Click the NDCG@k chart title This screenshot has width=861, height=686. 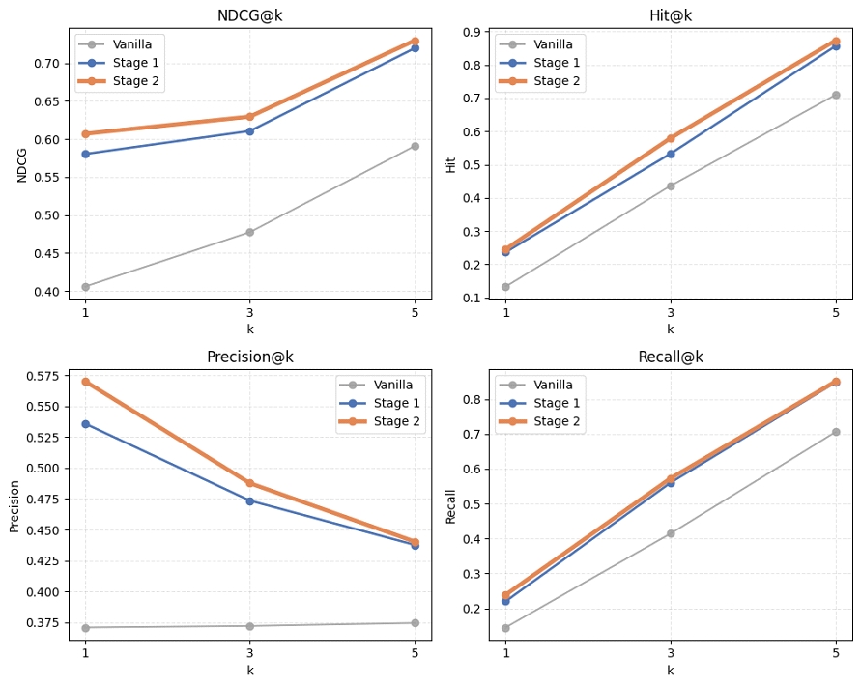(x=249, y=15)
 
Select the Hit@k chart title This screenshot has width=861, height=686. (x=670, y=15)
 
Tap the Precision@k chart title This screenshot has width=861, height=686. (x=249, y=357)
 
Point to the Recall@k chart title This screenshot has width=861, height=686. (x=670, y=357)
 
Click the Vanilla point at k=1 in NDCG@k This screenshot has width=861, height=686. (x=85, y=287)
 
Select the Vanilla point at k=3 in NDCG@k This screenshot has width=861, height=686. (x=249, y=232)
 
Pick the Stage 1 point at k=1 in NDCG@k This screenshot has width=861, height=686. (x=85, y=154)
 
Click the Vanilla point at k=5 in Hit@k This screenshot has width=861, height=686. (x=836, y=95)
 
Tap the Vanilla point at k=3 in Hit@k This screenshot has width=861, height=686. (x=671, y=186)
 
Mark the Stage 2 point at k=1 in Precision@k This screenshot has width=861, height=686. (x=85, y=382)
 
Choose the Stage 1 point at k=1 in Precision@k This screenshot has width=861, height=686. (x=85, y=423)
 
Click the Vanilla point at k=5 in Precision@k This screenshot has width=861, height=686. (x=415, y=623)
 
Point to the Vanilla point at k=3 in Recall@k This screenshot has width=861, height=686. (x=671, y=533)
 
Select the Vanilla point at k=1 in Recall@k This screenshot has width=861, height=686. (x=505, y=628)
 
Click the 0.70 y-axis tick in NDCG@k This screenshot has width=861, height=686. (x=46, y=64)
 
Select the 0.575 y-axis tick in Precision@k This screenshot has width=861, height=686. (x=43, y=376)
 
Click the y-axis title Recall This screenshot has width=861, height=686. (x=451, y=503)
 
